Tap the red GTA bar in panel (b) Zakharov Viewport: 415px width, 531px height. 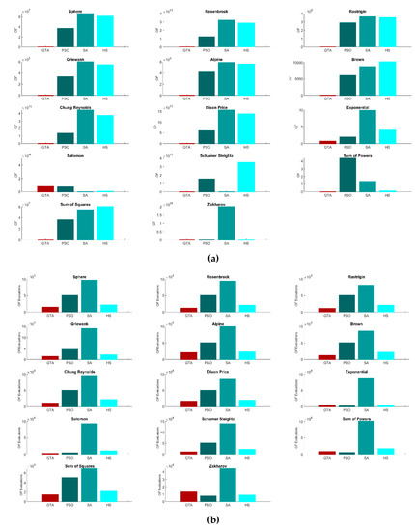189,496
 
